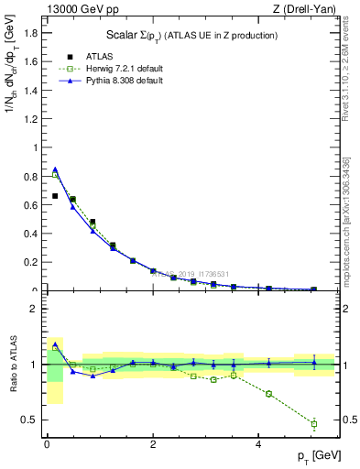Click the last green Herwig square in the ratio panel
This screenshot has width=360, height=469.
pos(313,423)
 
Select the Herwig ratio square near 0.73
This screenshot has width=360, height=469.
pos(269,394)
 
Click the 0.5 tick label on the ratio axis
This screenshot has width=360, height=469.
pos(32,420)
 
